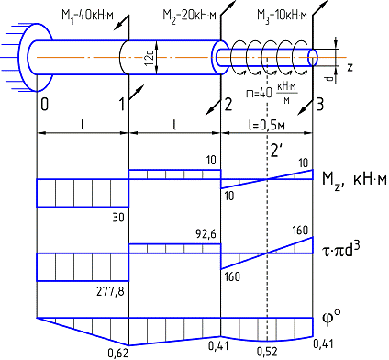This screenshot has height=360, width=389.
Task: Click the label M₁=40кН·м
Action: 87,15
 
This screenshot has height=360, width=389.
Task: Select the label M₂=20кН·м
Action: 189,15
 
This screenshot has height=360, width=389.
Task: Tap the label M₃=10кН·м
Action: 282,15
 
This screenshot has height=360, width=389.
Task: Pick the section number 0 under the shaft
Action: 44,105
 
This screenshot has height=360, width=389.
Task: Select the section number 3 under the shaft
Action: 319,105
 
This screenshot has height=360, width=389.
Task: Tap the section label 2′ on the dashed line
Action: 275,150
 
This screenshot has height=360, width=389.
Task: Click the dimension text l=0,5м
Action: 266,125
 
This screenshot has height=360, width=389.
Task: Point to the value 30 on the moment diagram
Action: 118,218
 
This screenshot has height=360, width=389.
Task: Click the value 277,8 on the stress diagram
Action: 110,291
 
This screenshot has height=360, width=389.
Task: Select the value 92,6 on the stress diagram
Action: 206,234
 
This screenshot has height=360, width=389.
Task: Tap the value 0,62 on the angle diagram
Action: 117,354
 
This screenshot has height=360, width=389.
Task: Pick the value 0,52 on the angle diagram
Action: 267,352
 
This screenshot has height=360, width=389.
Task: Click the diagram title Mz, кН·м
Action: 354,179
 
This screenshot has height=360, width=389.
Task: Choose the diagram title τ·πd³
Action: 341,253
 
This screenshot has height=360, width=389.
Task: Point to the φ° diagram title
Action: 331,317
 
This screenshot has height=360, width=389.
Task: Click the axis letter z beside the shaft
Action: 350,67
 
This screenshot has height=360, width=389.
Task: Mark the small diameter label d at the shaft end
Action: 329,79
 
